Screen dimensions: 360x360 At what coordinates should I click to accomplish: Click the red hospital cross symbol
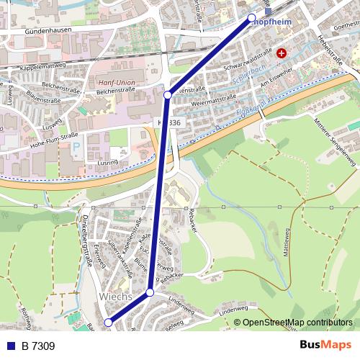tap(281, 53)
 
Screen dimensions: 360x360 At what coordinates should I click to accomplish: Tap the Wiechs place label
tap(114, 297)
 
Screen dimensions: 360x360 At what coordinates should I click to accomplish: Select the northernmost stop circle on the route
tap(251, 17)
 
